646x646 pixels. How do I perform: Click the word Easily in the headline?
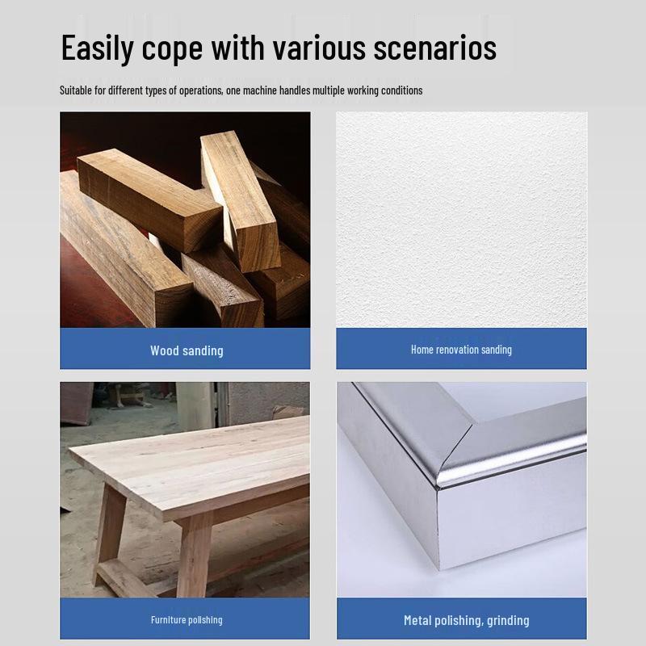[x=97, y=48]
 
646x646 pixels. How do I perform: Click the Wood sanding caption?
[x=187, y=350]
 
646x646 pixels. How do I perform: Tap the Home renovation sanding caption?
[x=461, y=350]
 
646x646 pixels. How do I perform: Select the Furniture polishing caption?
[x=187, y=620]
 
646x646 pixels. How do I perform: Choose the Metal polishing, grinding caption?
[x=467, y=620]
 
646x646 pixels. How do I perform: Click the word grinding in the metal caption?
[x=508, y=621]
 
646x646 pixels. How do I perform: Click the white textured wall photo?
[x=461, y=220]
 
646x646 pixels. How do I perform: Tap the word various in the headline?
[x=319, y=48]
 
